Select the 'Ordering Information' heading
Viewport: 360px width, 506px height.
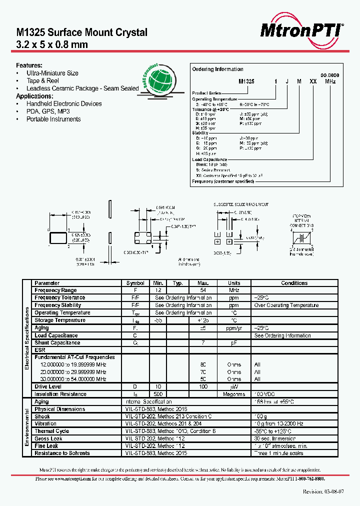218,69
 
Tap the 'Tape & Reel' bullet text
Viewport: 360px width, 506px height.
42,80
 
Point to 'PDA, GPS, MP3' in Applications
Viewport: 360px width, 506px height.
48,111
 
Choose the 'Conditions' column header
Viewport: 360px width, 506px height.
294,283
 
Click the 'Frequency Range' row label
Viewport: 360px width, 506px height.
55,290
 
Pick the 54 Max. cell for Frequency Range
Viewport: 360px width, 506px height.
203,290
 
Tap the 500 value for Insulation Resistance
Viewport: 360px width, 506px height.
158,394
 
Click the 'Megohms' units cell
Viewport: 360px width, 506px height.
234,394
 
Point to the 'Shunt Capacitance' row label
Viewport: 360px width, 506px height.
57,343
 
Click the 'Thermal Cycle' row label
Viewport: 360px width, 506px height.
51,431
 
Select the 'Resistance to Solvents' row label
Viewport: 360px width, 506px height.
62,453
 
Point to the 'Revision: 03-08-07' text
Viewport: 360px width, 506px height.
323,491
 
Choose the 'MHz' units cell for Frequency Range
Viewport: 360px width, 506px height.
234,290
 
